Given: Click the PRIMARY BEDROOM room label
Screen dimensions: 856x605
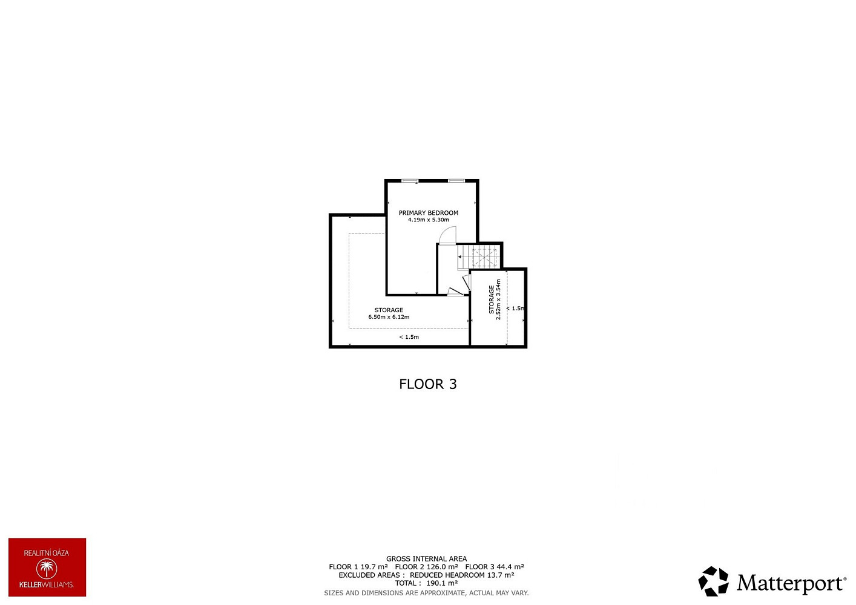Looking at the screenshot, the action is tap(429, 213).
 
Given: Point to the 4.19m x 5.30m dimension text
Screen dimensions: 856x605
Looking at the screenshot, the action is tap(429, 220).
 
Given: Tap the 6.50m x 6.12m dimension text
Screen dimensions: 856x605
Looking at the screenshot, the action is tap(389, 317).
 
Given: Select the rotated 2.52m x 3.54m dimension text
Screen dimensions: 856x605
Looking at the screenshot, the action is tap(498, 299).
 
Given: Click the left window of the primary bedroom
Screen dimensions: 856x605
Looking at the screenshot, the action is tap(410, 181).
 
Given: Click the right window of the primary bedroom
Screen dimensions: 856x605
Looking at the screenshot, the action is tap(456, 181).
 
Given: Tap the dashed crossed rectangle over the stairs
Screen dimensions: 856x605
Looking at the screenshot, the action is tap(484, 258).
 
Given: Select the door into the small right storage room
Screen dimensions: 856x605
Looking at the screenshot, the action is tap(467, 283).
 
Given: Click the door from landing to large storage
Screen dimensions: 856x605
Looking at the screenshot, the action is tap(455, 292).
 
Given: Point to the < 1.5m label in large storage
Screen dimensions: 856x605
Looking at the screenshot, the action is tap(409, 337).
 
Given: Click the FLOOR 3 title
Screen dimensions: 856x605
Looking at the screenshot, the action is tap(428, 384).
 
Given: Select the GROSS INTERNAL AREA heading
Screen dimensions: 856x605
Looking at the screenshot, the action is tap(426, 559).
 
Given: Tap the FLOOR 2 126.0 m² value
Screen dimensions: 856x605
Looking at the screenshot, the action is tap(426, 567).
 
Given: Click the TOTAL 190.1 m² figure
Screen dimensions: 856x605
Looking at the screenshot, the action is tap(426, 583).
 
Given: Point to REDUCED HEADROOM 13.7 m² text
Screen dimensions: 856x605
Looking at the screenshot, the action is tap(462, 575).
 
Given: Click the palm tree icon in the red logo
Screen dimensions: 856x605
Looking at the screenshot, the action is tap(47, 569).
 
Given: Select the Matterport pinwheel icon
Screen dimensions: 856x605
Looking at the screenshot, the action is tap(713, 581).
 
